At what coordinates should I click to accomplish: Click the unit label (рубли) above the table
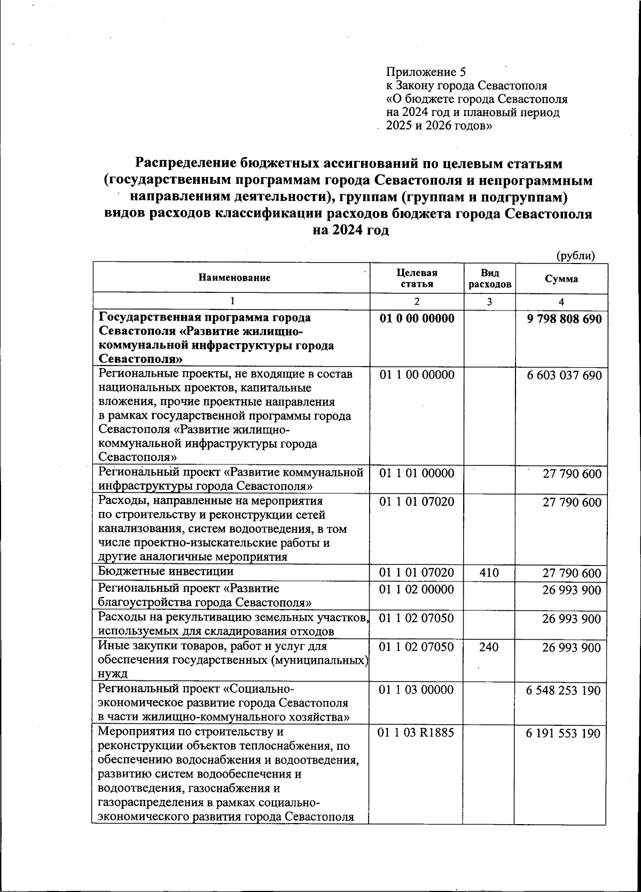pos(575,255)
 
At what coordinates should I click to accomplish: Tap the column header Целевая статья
pos(417,278)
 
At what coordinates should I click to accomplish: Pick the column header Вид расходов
pos(489,278)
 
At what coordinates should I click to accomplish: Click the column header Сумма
pos(561,278)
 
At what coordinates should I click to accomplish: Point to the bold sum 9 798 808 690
pos(564,319)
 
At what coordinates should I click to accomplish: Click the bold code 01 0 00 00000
pos(417,319)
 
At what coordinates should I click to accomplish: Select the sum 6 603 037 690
pos(564,375)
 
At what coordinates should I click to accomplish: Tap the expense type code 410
pos(489,573)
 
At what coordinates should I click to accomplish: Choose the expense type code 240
pos(489,647)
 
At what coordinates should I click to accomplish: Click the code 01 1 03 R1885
pos(416,733)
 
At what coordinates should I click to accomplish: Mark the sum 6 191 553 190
pos(564,733)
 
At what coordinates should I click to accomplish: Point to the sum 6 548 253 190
pos(564,691)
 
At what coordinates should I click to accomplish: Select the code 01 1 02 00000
pos(417,590)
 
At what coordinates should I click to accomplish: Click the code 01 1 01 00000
pos(417,473)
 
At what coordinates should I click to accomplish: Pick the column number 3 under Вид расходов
pos(489,302)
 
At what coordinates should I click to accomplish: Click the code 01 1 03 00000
pos(417,690)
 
